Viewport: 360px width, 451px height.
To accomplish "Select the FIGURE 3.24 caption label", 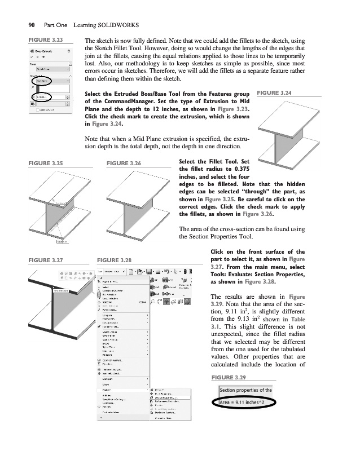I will coord(275,92).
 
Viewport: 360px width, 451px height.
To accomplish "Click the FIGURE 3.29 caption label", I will coord(228,377).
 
